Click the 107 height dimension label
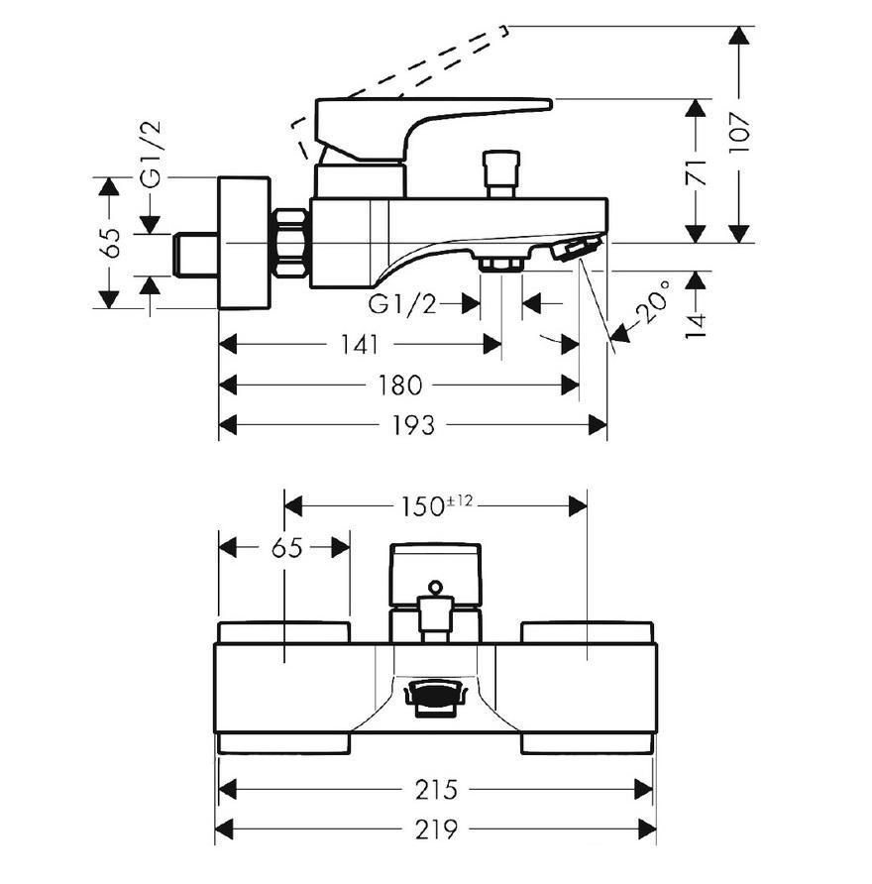tap(738, 132)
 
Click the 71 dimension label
tap(697, 172)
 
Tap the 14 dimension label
tap(697, 326)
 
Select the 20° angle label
tap(654, 303)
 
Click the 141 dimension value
tap(360, 345)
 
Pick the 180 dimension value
tap(399, 386)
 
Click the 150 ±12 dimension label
tap(436, 505)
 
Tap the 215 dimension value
tap(436, 789)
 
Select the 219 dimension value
tap(436, 829)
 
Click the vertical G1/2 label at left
tap(151, 154)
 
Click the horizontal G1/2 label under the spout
tap(402, 304)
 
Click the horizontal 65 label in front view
tap(287, 547)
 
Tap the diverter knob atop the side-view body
tap(501, 173)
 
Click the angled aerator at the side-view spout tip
tap(577, 248)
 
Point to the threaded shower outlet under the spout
tap(501, 263)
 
